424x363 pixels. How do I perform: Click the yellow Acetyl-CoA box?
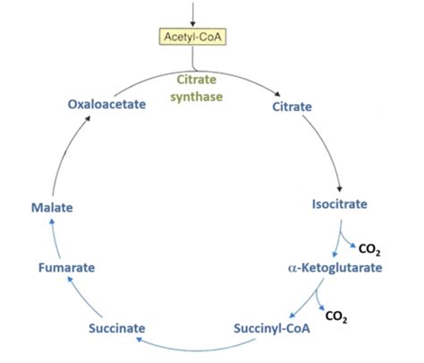(192, 37)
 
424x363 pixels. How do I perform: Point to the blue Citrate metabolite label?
(291, 107)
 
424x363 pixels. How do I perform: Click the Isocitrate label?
(339, 205)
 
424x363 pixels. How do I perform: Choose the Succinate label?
(117, 328)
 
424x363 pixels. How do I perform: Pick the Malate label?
(51, 207)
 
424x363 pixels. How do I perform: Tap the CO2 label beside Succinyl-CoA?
(337, 315)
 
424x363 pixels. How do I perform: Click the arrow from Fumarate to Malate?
(50, 238)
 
